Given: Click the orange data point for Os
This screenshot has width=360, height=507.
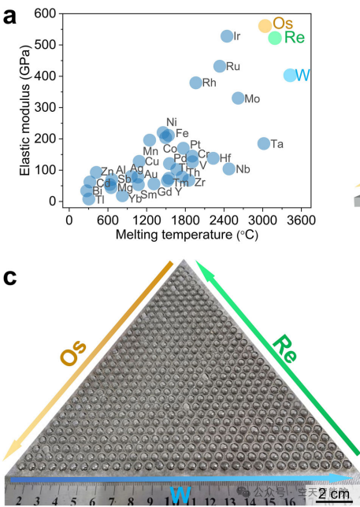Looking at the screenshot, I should click(265, 26).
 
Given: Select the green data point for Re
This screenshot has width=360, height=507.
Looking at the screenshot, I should click(275, 38).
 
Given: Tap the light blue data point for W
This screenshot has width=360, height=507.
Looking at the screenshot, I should click(290, 76).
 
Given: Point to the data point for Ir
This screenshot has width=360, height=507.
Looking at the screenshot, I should click(227, 36).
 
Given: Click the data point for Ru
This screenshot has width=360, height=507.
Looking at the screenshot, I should click(220, 66).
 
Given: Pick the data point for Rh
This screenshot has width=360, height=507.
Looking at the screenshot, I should click(196, 83).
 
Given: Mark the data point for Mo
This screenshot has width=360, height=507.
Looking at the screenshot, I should click(238, 98).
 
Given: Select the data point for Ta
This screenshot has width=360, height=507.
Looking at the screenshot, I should click(263, 143).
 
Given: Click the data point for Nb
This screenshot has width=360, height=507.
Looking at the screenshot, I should click(228, 168).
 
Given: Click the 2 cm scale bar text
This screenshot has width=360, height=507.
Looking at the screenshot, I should click(331, 494).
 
